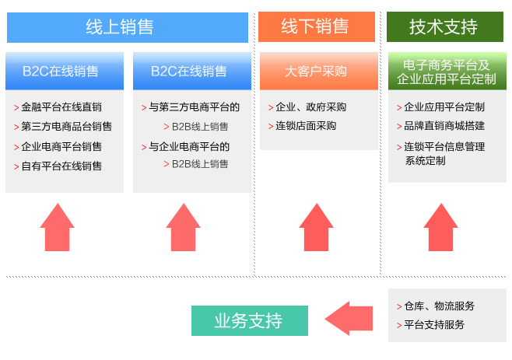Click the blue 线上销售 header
128,27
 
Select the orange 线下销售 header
317,26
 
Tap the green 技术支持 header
445,26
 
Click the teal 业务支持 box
250,320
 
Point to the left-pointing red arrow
349,318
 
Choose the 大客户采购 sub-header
319,72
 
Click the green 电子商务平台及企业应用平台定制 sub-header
447,72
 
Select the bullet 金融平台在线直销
58,107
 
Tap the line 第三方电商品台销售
63,126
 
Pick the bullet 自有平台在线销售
58,166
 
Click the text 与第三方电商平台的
191,107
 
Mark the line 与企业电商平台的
185,146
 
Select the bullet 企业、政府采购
307,107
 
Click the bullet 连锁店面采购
302,126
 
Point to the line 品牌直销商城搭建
441,126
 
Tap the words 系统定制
425,161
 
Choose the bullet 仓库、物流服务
436,306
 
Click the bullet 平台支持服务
430,325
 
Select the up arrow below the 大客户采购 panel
316,227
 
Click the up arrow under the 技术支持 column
441,227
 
